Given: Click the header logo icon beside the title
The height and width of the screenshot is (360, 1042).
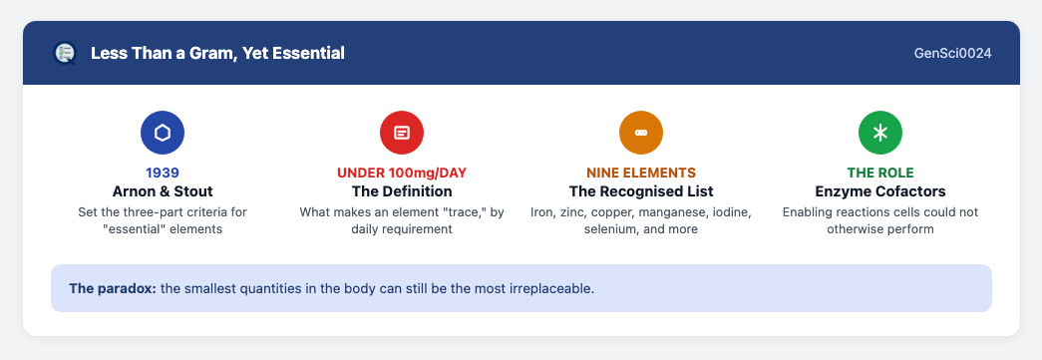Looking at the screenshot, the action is click(65, 53).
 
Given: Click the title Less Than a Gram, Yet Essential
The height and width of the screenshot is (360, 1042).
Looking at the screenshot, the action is click(217, 53).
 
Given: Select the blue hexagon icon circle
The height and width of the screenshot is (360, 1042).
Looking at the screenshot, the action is click(163, 133).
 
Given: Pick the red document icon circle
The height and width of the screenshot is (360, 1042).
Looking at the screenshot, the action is click(402, 133).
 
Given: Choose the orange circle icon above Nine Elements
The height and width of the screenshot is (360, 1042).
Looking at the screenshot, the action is click(640, 133).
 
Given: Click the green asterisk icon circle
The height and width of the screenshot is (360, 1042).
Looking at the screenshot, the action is click(879, 133).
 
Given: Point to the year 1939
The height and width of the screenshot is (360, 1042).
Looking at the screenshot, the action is click(163, 173).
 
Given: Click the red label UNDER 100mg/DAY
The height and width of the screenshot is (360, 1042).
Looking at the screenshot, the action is click(402, 173).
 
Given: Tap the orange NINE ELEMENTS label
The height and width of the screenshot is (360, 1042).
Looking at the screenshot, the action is click(640, 173).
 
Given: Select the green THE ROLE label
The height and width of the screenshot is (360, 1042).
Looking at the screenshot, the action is click(879, 173).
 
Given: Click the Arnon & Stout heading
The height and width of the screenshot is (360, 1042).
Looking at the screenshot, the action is click(163, 191).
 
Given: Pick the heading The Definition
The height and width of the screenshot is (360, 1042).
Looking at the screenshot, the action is click(402, 191).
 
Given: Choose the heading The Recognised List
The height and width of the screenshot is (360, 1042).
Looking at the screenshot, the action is click(640, 191).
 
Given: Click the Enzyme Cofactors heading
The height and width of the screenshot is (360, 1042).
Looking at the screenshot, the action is click(879, 191).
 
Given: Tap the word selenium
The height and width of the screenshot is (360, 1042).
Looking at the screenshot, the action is click(608, 229).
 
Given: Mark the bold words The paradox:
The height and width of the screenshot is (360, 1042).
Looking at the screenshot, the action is click(113, 289).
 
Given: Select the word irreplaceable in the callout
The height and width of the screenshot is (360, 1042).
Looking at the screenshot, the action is click(556, 289).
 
